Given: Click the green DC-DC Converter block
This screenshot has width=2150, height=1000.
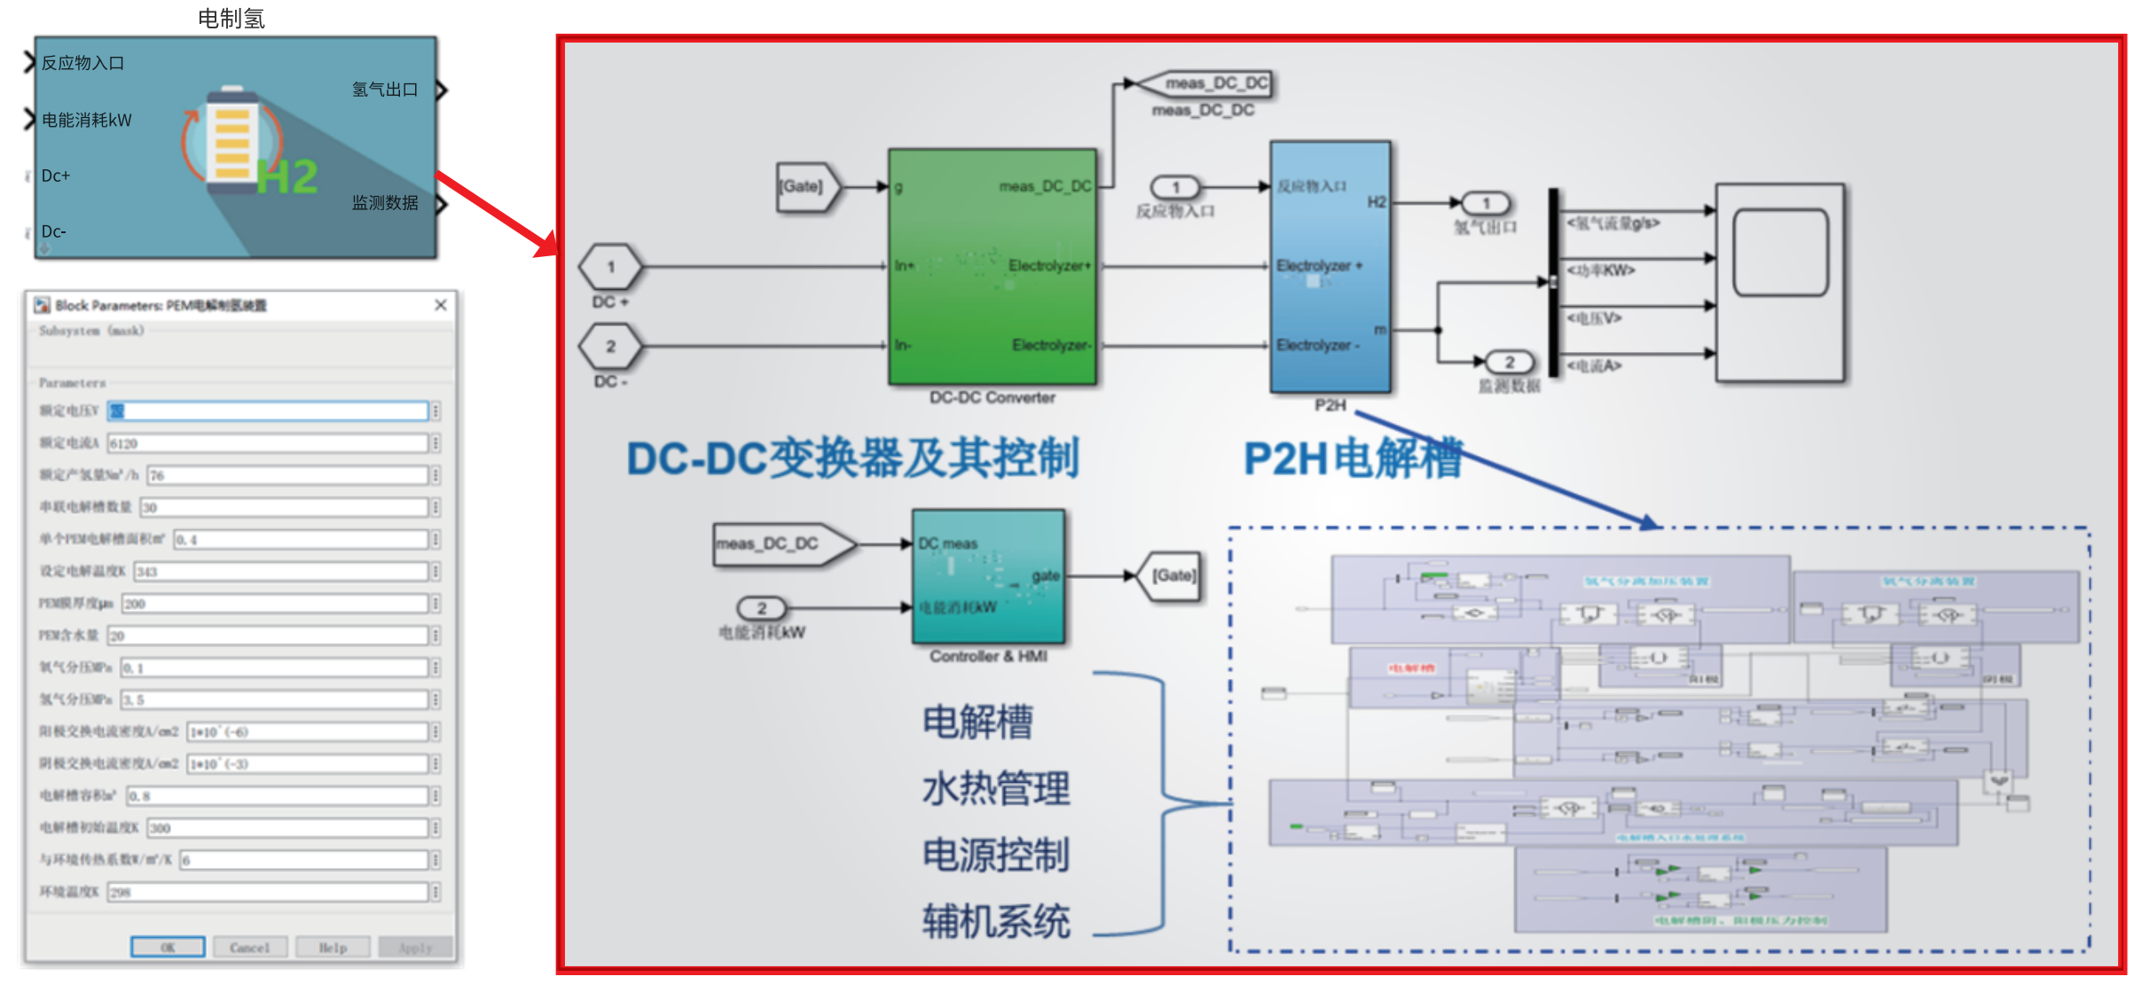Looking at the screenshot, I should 992,266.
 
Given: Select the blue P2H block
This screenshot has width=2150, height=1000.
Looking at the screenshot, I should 1330,266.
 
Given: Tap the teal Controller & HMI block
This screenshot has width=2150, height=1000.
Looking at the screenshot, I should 988,576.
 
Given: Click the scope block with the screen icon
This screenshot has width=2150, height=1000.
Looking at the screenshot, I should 1779,282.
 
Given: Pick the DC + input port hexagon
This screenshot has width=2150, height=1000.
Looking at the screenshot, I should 610,267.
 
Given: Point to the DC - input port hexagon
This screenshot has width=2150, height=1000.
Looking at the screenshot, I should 610,346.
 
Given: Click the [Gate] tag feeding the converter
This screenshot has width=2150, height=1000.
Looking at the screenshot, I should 805,186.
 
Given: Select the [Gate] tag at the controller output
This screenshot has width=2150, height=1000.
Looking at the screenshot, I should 1173,575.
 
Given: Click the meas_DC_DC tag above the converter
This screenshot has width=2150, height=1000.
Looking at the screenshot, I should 1211,83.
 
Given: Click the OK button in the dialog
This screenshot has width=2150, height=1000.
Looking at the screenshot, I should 168,947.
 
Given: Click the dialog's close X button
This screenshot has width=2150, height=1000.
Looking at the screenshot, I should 441,305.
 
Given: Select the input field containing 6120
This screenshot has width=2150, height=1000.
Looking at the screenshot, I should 267,442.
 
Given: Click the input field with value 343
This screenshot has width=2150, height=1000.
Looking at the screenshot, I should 280,571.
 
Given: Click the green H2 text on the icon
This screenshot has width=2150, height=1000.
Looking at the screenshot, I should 286,176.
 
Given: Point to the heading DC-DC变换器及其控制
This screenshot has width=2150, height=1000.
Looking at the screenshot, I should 851,458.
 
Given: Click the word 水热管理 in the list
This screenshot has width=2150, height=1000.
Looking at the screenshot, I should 995,787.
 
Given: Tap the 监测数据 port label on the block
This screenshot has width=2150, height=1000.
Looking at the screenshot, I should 385,203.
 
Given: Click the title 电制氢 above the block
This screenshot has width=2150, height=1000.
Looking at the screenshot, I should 231,18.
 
